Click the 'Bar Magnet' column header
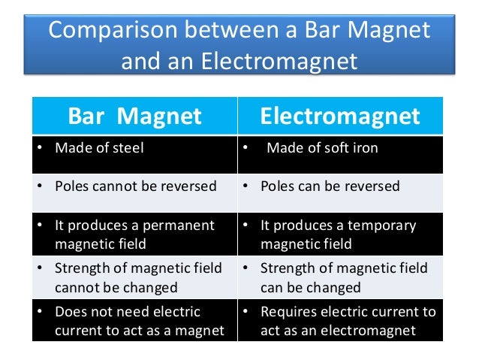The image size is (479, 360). click(x=135, y=116)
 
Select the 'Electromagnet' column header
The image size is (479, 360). click(x=340, y=116)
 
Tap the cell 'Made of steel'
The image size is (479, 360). click(x=135, y=148)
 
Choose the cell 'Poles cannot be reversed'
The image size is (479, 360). click(x=135, y=186)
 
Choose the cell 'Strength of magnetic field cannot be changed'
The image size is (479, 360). click(x=135, y=277)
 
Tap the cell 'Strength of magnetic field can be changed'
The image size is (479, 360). click(x=340, y=277)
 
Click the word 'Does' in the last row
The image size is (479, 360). click(x=71, y=311)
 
